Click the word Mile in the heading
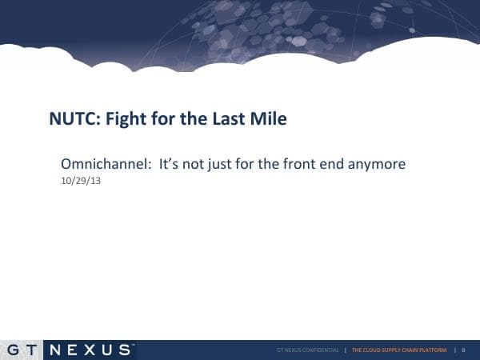click(x=270, y=119)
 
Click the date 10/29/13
click(x=80, y=181)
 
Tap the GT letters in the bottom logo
click(x=22, y=350)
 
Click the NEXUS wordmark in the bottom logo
click(x=90, y=350)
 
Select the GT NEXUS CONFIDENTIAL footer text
click(x=307, y=350)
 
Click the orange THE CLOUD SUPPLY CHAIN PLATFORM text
click(x=399, y=350)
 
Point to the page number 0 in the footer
click(x=463, y=350)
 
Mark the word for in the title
click(x=170, y=119)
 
